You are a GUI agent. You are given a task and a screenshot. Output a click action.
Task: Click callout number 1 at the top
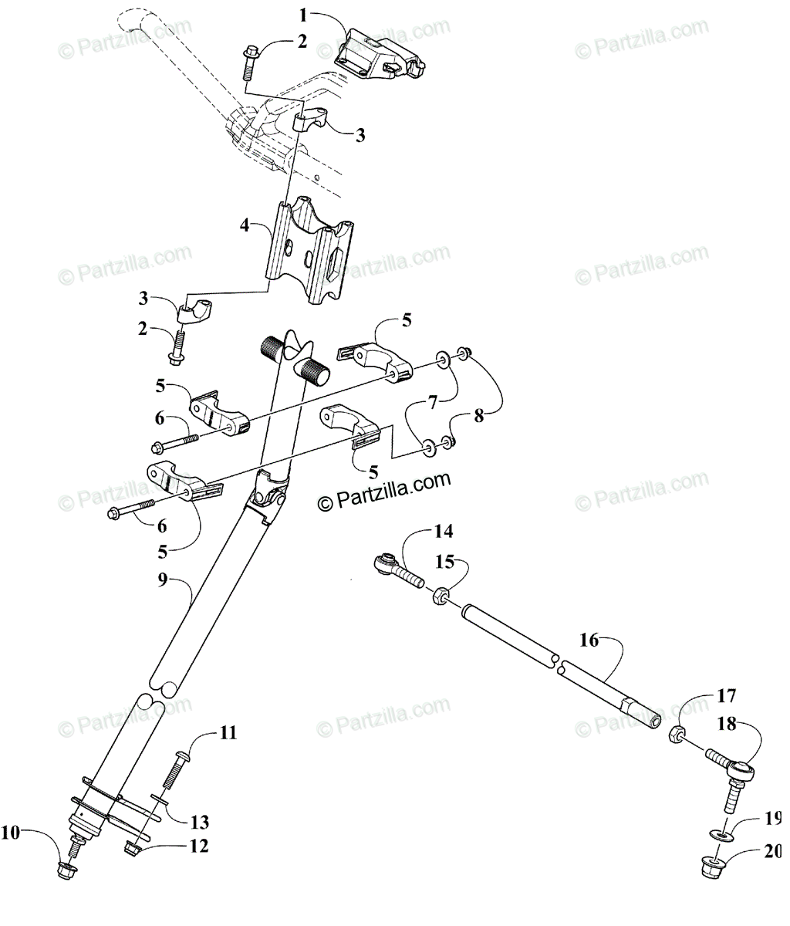[x=303, y=14]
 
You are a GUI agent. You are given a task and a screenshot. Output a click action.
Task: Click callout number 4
[x=245, y=225]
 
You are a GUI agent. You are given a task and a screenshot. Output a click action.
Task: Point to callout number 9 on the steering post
[x=163, y=580]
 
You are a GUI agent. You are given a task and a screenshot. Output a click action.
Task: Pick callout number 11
[x=228, y=732]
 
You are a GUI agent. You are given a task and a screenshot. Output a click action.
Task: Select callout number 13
[x=201, y=821]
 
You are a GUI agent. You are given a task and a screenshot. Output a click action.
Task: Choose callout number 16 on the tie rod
[x=589, y=640]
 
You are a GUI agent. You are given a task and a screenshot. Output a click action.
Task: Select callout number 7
[x=432, y=400]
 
